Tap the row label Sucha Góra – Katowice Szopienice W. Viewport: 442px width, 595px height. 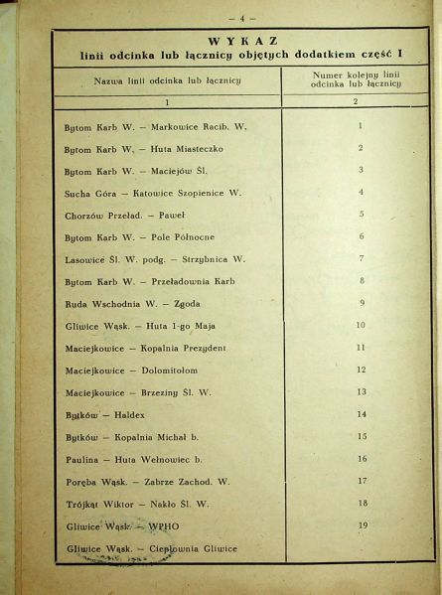point(149,192)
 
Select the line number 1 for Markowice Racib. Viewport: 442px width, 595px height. point(359,126)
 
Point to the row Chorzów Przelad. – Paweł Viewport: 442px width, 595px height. point(124,214)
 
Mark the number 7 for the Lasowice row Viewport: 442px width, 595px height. point(361,258)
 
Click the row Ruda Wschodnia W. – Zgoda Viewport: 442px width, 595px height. point(130,303)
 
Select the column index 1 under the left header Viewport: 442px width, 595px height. point(167,101)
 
